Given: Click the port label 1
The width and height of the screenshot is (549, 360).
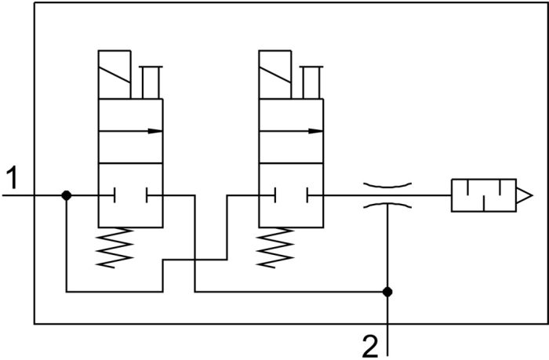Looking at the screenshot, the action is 13,177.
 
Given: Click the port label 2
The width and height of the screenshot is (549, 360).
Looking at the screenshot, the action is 370,347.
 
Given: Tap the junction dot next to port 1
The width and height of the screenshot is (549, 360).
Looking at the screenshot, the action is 67,195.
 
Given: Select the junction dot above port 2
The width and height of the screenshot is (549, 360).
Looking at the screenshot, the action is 387,292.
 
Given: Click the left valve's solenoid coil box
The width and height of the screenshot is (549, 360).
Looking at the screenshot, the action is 115,75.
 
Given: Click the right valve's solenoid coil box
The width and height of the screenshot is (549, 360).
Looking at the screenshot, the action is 275,75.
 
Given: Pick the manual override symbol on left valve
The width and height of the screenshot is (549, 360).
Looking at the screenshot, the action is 151,82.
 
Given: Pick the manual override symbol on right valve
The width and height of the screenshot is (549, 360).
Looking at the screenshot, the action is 311,82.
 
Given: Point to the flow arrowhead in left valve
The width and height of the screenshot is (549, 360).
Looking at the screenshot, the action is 155,131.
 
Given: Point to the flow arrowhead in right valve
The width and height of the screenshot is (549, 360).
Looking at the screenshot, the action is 315,131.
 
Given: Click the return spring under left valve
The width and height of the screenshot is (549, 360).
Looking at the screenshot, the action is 115,248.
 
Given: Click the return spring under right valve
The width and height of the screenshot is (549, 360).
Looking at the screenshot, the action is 274,248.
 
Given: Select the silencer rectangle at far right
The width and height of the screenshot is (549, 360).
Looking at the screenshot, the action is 484,195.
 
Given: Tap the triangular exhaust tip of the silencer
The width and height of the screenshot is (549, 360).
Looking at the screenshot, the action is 532,195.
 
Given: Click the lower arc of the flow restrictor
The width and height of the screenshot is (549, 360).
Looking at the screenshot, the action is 387,205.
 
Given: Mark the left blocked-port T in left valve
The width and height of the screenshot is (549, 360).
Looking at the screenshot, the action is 107,195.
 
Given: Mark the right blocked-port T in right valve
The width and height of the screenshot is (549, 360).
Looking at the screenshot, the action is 315,195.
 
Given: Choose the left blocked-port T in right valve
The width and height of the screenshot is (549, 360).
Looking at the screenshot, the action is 267,195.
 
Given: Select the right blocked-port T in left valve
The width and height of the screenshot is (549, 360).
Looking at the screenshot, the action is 155,195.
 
